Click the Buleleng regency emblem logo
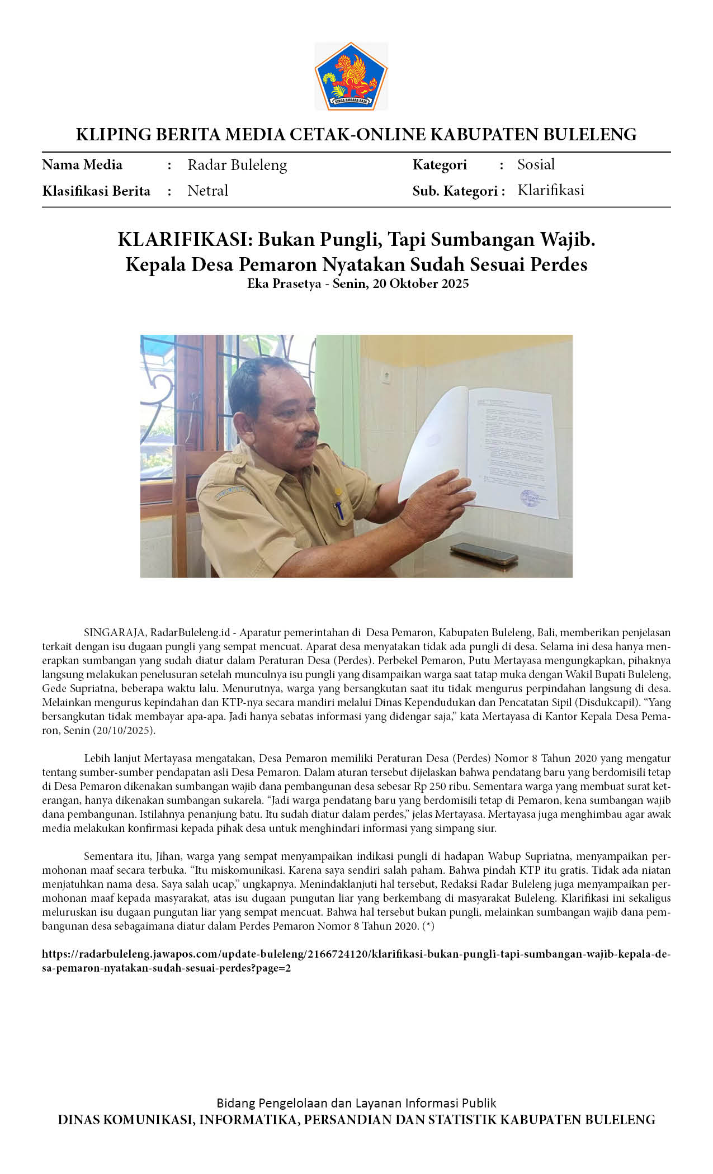(351, 76)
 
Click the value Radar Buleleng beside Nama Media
(237, 165)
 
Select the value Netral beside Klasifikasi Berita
(207, 191)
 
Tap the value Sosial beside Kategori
(536, 164)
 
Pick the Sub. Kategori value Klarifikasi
(551, 190)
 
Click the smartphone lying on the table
(484, 553)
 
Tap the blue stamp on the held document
(532, 497)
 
